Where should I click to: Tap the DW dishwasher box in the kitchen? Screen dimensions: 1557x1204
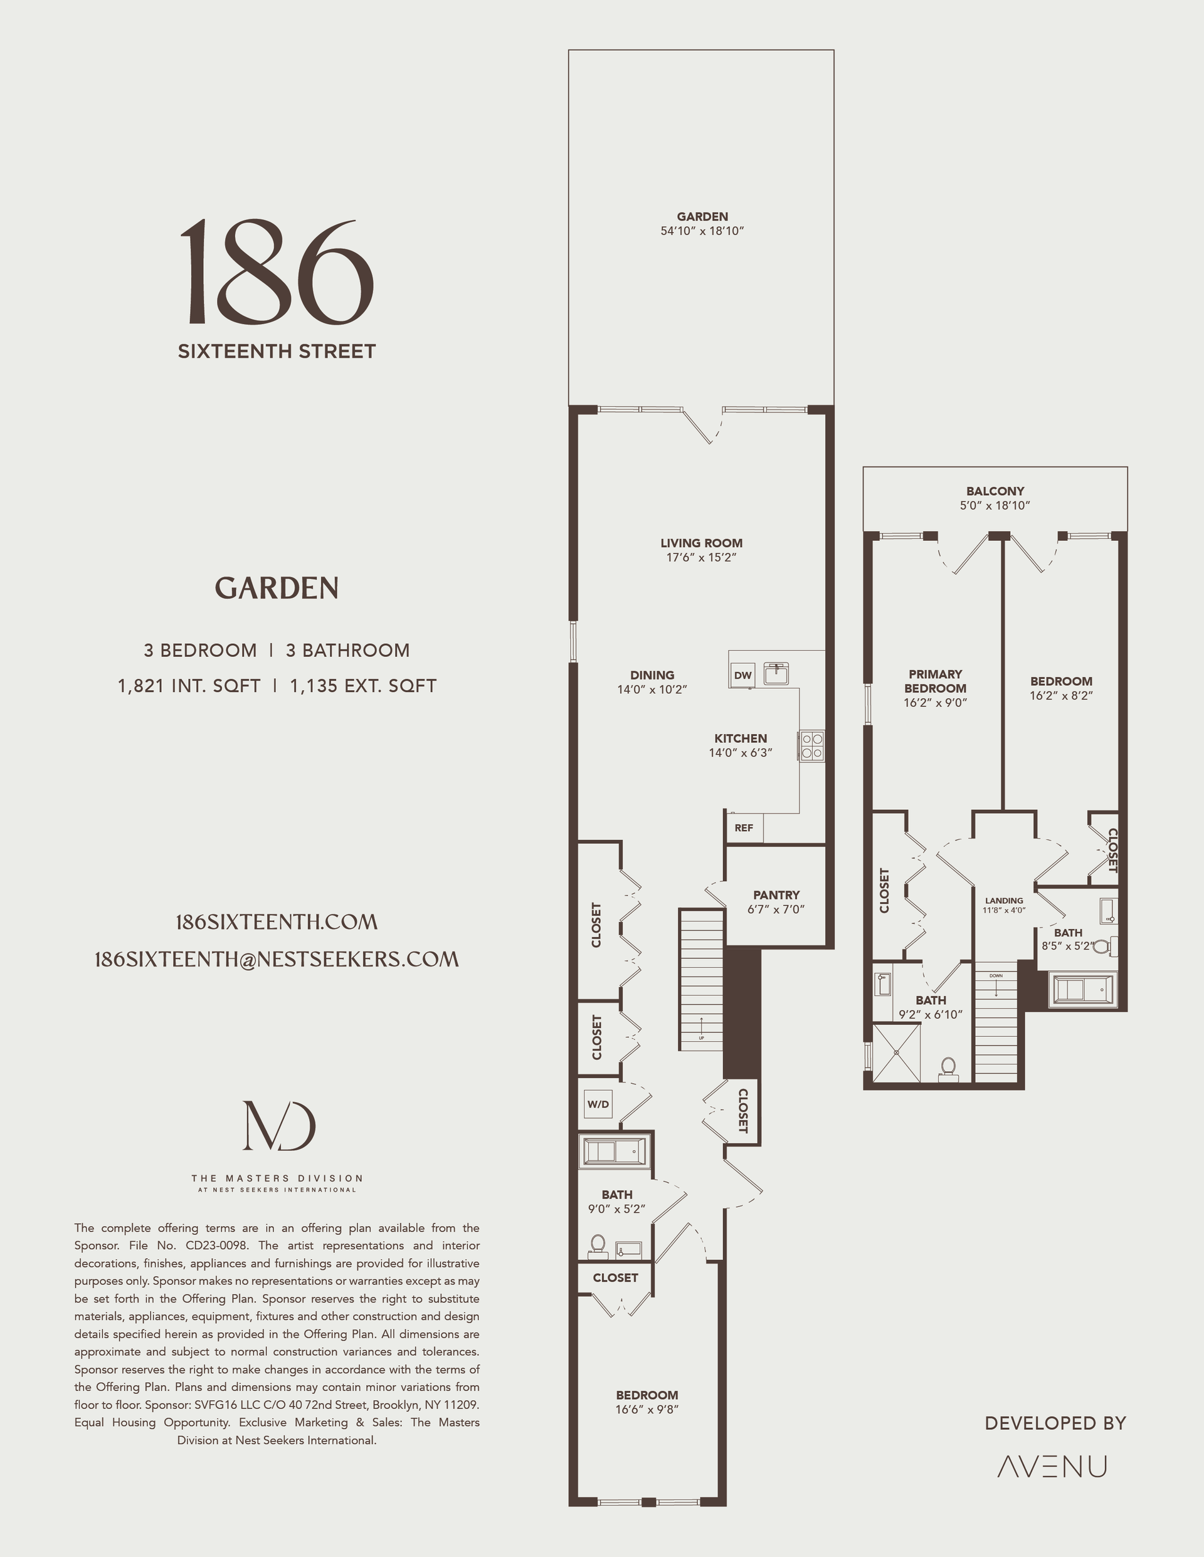pos(742,675)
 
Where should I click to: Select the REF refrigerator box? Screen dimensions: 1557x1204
pos(743,827)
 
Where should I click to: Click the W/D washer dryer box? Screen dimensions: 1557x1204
pos(598,1104)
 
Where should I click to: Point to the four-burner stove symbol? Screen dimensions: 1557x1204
pos(811,746)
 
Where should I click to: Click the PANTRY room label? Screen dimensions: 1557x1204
pos(776,894)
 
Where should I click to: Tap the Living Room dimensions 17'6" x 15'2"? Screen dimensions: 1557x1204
pos(701,557)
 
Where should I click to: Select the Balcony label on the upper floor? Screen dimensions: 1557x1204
pos(995,491)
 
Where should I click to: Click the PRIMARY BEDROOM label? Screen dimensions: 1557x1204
pos(935,681)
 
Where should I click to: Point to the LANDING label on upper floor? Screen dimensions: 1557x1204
pos(1003,900)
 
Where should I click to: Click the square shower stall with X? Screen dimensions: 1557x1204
pos(897,1052)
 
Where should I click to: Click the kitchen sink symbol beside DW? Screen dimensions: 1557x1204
pos(776,674)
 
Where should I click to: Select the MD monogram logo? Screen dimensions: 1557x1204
pos(279,1126)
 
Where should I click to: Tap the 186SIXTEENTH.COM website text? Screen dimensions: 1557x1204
pos(277,922)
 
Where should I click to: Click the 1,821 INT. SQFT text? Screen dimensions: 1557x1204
pos(189,686)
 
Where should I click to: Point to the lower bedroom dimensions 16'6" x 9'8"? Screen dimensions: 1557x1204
pos(647,1410)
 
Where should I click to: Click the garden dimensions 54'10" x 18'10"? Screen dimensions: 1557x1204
pos(702,231)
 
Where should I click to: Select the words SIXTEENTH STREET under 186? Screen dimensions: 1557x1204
pos(277,352)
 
